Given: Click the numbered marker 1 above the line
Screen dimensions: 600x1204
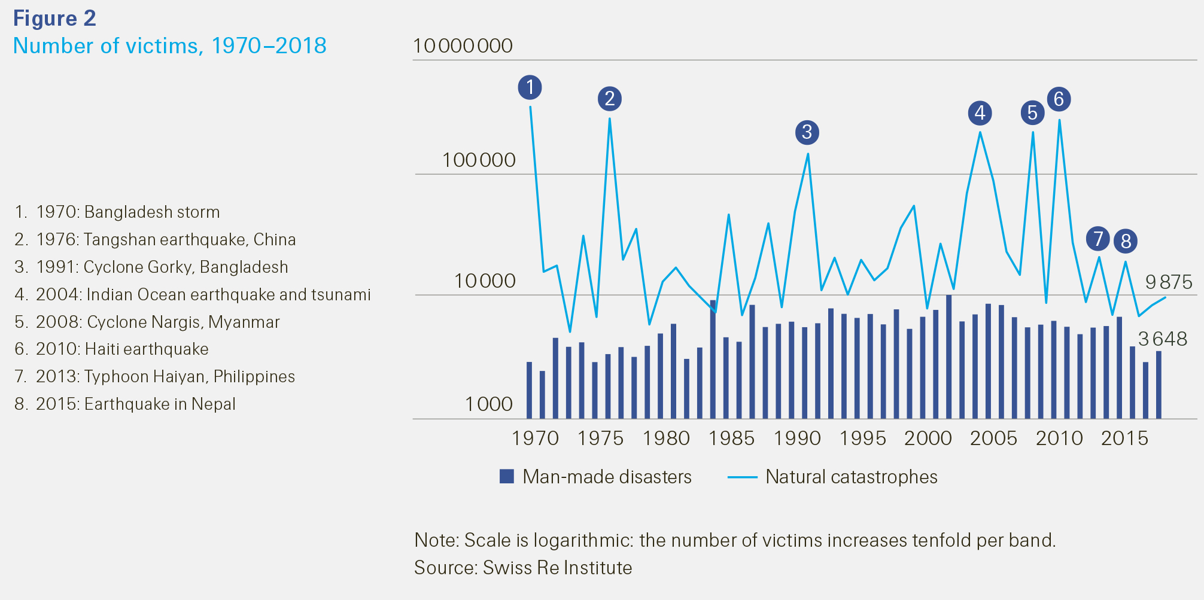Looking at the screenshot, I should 530,87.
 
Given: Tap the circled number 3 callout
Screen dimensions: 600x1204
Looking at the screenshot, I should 807,132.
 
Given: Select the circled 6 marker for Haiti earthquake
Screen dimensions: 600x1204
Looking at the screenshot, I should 1059,99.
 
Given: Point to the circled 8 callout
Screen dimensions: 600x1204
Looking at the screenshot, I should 1126,241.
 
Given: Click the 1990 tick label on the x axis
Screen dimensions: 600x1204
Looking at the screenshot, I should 797,438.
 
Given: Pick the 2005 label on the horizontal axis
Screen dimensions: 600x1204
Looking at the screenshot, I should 993,438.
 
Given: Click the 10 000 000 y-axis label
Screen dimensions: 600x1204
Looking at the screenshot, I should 463,46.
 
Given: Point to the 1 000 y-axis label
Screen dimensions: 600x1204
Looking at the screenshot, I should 489,404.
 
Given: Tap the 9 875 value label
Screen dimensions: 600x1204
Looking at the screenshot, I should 1169,282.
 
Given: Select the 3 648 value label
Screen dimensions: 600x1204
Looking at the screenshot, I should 1162,339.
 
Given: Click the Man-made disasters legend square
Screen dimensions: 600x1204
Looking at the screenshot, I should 507,477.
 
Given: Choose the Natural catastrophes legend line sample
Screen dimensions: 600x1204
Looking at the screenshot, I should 743,477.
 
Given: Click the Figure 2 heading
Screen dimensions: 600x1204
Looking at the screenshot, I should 54,19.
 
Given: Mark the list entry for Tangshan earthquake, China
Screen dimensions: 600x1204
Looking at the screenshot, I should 155,239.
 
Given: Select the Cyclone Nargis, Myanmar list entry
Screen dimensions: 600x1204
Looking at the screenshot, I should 147,322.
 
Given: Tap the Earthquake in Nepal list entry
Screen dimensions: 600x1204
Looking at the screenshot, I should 125,404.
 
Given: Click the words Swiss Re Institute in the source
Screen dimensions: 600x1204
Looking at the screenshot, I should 557,568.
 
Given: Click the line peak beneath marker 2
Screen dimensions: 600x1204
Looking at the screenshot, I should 609,119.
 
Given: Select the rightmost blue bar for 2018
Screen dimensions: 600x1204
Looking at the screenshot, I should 1159,385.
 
